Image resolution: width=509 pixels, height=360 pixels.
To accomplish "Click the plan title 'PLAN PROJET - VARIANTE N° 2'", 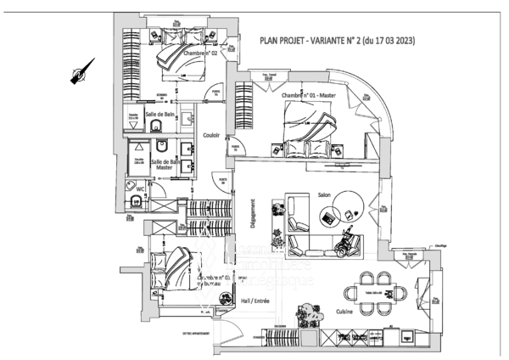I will tap(336, 39).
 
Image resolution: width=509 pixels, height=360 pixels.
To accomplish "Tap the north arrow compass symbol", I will tap(80, 75).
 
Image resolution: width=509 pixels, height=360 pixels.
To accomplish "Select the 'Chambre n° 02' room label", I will tap(200, 53).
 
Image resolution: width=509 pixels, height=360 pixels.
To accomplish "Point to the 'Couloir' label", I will tap(213, 134).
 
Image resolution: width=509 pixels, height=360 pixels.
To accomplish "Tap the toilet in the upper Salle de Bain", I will tap(157, 127).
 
